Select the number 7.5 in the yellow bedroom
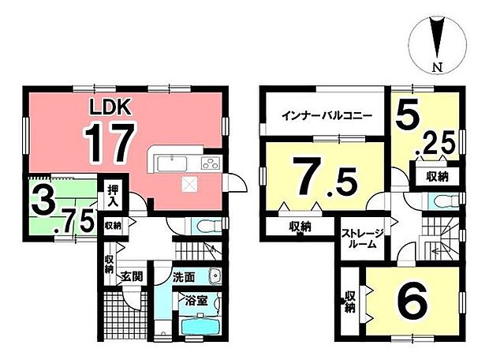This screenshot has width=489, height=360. coord(319,171)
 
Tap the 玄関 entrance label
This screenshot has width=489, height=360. coord(131,277)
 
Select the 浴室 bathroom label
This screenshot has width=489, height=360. coord(197,300)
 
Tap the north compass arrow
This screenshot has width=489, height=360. coord(436,37)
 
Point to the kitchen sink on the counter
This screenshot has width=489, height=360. coord(170,164)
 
